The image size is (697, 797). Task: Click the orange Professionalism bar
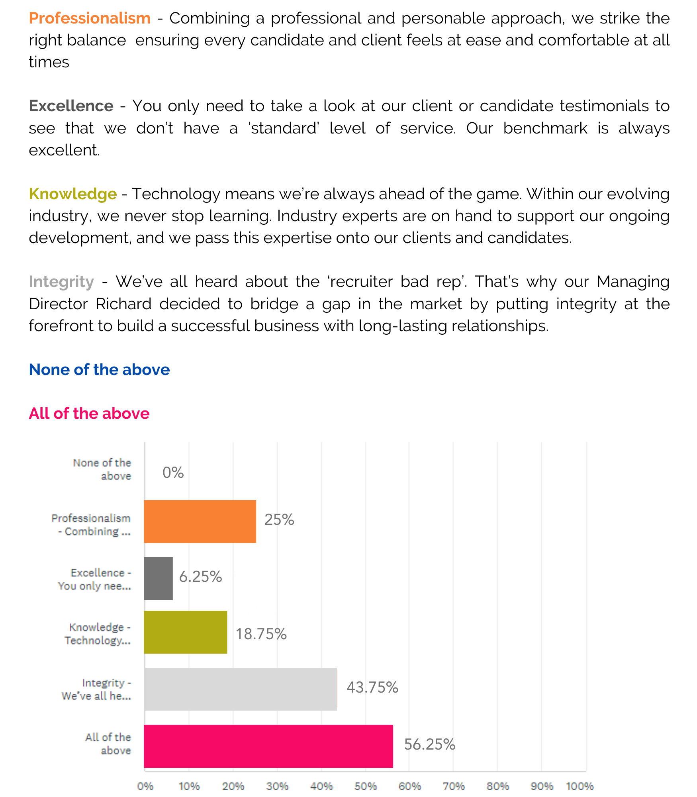[200, 521]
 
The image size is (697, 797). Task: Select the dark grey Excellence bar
[158, 578]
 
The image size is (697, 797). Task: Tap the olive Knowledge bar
[185, 632]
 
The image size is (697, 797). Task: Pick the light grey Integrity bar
[241, 689]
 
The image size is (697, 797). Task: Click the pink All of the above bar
[268, 746]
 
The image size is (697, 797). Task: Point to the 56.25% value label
[430, 744]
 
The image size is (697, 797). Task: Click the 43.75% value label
[372, 687]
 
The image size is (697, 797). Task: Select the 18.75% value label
[261, 634]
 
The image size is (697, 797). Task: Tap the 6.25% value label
[200, 577]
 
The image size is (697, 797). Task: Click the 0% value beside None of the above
[173, 473]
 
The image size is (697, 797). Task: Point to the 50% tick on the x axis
[366, 786]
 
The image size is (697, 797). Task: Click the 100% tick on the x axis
[580, 786]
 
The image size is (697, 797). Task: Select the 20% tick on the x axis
[233, 786]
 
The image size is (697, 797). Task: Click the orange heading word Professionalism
[90, 18]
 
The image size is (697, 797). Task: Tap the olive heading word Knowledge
[73, 194]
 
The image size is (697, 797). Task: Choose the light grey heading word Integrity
[61, 282]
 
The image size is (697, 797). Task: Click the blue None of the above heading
[100, 370]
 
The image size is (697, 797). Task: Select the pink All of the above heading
[89, 414]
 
